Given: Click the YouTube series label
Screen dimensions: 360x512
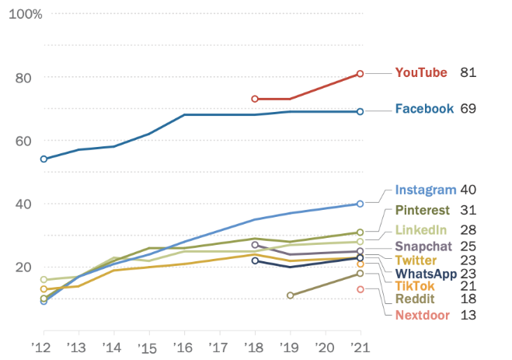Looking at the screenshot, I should (x=421, y=73).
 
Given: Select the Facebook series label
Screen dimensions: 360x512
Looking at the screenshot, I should (x=424, y=109).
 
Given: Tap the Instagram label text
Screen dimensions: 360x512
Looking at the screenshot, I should (x=424, y=190).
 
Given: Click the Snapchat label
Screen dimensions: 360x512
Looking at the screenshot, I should (x=424, y=246).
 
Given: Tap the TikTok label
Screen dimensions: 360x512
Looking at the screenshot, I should (x=416, y=287).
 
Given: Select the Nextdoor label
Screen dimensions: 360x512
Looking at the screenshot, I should (x=423, y=315).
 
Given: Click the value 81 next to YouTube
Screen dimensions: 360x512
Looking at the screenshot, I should (x=468, y=73).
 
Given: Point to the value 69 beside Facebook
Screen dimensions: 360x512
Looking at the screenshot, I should (x=468, y=109).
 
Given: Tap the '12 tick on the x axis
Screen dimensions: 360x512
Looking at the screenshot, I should (x=43, y=346).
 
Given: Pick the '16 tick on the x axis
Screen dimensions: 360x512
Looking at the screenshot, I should (x=183, y=346).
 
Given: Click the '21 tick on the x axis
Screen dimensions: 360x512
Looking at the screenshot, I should (x=359, y=346).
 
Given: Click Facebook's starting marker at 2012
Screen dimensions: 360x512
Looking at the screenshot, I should (x=44, y=159).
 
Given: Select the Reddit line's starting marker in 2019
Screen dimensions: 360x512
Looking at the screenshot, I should (x=290, y=295).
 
